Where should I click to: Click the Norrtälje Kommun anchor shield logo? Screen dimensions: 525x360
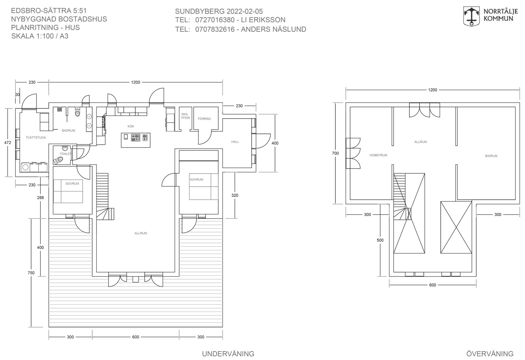pyautogui.click(x=471, y=17)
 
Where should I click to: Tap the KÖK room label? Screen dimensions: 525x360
pyautogui.click(x=131, y=126)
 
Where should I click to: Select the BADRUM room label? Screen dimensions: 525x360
pyautogui.click(x=68, y=130)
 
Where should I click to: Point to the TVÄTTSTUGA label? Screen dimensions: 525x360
pyautogui.click(x=36, y=137)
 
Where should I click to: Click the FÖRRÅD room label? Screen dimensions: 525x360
pyautogui.click(x=204, y=119)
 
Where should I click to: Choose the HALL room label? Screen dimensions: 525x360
pyautogui.click(x=235, y=142)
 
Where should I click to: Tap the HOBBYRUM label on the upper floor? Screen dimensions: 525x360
pyautogui.click(x=378, y=155)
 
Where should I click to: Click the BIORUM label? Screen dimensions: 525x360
pyautogui.click(x=491, y=156)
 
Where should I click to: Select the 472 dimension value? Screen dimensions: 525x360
pyautogui.click(x=8, y=142)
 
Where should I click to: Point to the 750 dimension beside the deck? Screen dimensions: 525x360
pyautogui.click(x=31, y=273)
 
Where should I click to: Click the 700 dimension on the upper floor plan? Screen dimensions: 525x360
pyautogui.click(x=335, y=153)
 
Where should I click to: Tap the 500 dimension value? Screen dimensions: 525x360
pyautogui.click(x=380, y=240)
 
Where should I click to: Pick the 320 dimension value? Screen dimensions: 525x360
pyautogui.click(x=234, y=195)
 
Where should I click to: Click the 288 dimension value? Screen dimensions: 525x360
pyautogui.click(x=40, y=197)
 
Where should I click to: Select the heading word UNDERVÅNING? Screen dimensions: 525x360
pyautogui.click(x=228, y=354)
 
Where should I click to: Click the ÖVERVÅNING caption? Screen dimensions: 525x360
pyautogui.click(x=490, y=354)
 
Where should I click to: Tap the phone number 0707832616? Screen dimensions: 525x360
pyautogui.click(x=215, y=29)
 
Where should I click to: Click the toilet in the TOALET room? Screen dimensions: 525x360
pyautogui.click(x=58, y=161)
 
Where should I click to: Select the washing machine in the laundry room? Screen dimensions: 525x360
pyautogui.click(x=25, y=167)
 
